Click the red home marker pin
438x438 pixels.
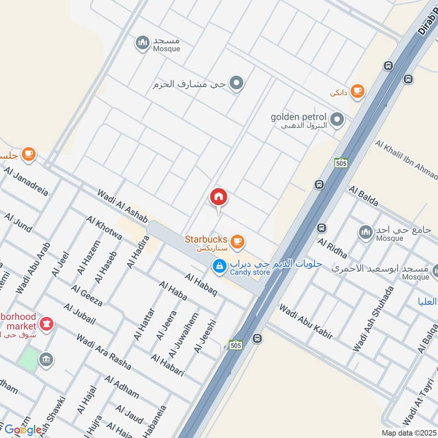tap(218, 198)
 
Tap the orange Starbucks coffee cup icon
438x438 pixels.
tap(237, 241)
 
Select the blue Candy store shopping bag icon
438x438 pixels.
tap(219, 267)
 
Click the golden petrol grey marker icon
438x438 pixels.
tap(338, 118)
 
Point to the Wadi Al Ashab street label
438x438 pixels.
tap(122, 206)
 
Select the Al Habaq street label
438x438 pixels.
tap(201, 285)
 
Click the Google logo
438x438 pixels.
tap(23, 430)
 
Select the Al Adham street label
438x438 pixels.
tap(122, 391)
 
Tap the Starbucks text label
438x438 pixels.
tap(205, 239)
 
